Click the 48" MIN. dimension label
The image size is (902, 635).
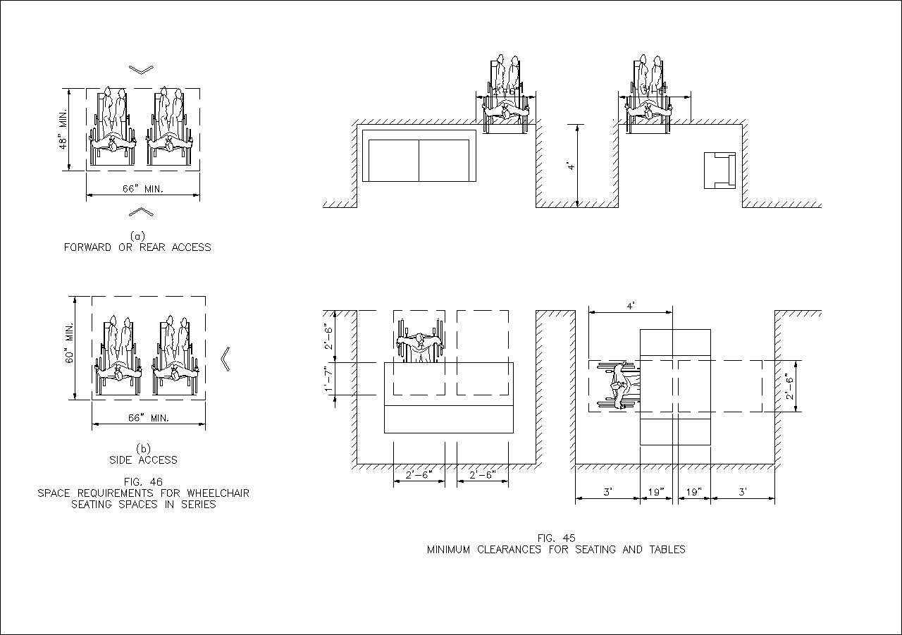[x=63, y=129]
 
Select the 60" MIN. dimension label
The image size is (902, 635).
[x=69, y=347]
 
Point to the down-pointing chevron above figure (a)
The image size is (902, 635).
[x=142, y=69]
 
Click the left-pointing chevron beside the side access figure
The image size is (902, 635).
[x=225, y=358]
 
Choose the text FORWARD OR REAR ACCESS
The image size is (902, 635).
[x=137, y=247]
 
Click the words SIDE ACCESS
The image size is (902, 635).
[x=143, y=460]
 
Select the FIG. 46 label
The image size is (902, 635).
[x=143, y=481]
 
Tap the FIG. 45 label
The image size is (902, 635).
[x=556, y=538]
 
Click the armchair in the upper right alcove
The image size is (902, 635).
[x=719, y=170]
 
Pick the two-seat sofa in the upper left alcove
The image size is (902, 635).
[x=419, y=160]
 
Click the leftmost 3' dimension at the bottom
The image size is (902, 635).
[x=607, y=491]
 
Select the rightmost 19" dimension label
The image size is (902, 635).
[x=694, y=491]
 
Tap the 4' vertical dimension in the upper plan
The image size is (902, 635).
[x=572, y=166]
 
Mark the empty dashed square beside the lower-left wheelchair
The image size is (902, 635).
[x=483, y=352]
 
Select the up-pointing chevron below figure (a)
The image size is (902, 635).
[x=142, y=211]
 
